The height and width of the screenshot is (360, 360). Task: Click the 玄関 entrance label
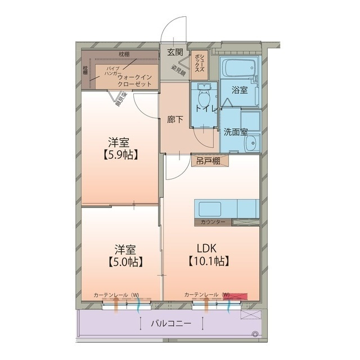tap(175, 52)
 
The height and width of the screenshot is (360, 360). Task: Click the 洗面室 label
tap(236, 132)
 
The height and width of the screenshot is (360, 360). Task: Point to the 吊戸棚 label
tap(209, 161)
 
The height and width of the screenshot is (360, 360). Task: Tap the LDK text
tap(208, 248)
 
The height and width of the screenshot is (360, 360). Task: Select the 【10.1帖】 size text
tap(208, 261)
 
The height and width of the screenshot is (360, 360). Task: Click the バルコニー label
tap(171, 324)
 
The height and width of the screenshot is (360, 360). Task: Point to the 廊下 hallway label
tap(175, 119)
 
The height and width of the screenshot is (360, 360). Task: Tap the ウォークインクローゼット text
tap(135, 80)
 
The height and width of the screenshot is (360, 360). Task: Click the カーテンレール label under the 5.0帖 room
tap(112, 295)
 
